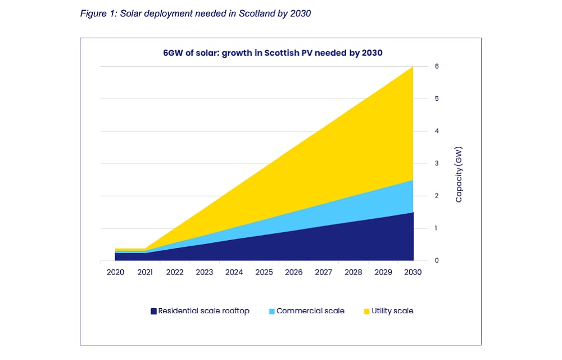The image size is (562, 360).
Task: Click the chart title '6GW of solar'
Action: coord(269,53)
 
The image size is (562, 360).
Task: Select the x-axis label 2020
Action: coord(115,272)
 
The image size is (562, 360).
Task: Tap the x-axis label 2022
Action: coord(175,272)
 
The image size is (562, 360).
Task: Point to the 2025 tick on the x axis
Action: coord(264,272)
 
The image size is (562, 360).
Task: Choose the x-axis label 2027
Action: coord(324,272)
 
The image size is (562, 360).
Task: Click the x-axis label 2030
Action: coord(413,272)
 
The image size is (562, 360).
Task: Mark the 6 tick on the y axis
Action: coord(436,66)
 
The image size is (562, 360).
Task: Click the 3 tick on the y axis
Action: coord(436,164)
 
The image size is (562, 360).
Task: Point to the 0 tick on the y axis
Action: coord(436,261)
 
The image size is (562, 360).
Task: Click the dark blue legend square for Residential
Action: coord(153,311)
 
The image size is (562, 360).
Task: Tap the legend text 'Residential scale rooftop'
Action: coord(203,311)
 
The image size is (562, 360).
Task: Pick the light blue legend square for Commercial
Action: coord(272,311)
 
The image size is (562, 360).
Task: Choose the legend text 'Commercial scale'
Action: coord(310,311)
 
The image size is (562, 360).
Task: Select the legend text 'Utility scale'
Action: coord(392,311)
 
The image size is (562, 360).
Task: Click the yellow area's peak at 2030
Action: coord(413,67)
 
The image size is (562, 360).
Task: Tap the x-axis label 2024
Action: coord(234,272)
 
